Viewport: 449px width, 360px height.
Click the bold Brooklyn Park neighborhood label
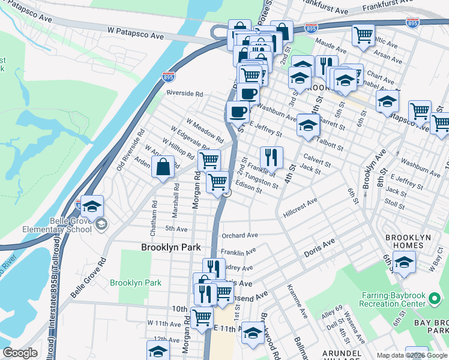point(170,247)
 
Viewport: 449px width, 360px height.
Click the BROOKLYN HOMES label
point(408,242)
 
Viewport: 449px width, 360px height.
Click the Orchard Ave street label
point(240,236)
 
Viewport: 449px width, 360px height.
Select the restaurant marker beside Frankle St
point(271,157)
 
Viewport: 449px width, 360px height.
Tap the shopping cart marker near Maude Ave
point(363,35)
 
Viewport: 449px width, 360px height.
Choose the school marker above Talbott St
point(308,125)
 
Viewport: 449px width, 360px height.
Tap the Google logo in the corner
point(20,353)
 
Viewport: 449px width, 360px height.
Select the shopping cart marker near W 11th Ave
point(202,317)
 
